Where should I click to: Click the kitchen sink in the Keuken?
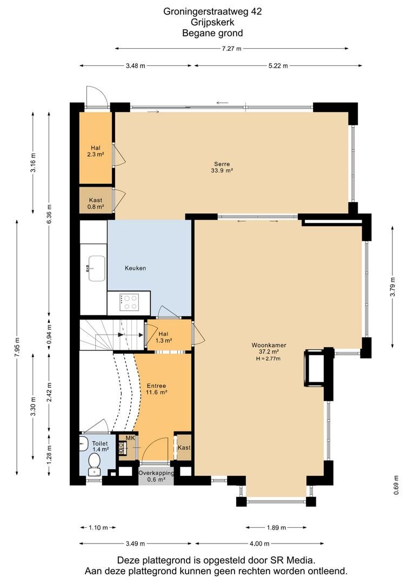pos(96,268)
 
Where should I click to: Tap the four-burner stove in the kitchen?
pos(129,302)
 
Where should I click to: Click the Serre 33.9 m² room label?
pos(222,167)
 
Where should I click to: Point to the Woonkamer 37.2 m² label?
pos(269,348)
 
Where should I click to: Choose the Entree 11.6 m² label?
pos(156,389)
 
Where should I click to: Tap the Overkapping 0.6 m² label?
pos(156,476)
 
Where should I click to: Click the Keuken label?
pos(135,268)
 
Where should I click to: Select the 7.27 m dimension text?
pos(232,49)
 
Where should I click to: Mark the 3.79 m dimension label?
pos(392,287)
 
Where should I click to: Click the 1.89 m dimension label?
pos(276,527)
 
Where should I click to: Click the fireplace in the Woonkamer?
pos(315,367)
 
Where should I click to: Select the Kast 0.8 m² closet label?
pos(96,203)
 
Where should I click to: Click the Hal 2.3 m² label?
pos(96,151)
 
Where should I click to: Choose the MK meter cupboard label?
pos(130,438)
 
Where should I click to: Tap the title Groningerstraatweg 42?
pos(212,11)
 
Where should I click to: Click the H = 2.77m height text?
pos(268,359)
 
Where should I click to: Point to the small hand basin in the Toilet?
pos(83,443)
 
